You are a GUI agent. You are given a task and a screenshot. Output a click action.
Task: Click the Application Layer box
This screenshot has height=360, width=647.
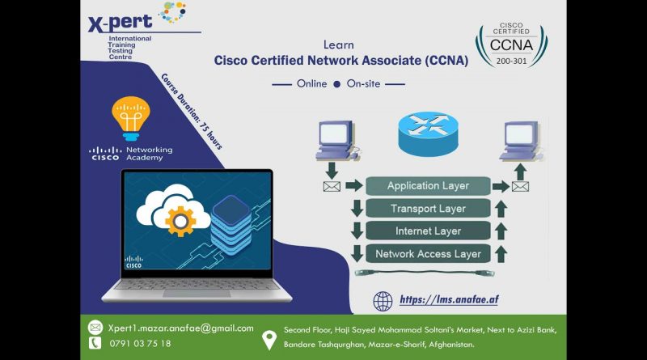point(428,186)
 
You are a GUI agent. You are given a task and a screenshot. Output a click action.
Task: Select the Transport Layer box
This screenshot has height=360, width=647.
point(428,209)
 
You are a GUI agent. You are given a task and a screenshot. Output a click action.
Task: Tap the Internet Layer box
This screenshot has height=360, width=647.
point(428,231)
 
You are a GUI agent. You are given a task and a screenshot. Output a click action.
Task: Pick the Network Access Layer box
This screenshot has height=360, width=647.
point(428,254)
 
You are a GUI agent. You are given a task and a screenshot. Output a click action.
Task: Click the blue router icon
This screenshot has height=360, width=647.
point(428,133)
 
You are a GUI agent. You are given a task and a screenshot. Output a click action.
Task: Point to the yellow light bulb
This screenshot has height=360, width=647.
point(131,118)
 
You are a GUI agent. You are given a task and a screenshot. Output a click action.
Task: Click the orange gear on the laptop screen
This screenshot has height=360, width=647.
point(180,222)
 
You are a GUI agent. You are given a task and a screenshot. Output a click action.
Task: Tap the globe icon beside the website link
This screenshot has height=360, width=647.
point(383,301)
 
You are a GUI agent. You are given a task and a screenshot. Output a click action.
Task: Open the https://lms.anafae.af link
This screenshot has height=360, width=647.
point(449,299)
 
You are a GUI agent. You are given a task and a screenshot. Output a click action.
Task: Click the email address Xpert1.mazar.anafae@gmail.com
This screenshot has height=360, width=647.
point(180,328)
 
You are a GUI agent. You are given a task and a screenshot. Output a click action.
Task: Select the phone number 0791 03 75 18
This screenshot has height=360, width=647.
point(140,344)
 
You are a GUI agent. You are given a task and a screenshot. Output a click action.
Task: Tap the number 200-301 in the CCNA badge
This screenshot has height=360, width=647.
point(511,61)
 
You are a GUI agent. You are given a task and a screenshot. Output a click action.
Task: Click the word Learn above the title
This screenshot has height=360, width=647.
point(338,44)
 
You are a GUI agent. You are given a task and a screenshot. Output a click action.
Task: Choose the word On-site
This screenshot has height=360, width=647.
point(363,84)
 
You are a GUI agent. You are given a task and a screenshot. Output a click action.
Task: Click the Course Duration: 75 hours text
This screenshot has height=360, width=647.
point(192,112)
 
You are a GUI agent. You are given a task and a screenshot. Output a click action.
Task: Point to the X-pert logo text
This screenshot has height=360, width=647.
point(120,23)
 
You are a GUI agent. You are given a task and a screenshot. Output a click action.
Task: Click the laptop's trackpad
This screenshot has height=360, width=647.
point(197,294)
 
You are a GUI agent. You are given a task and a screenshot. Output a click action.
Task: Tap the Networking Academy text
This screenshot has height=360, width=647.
point(150,154)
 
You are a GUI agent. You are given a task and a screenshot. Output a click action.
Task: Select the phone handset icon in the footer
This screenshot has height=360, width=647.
point(95,343)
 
